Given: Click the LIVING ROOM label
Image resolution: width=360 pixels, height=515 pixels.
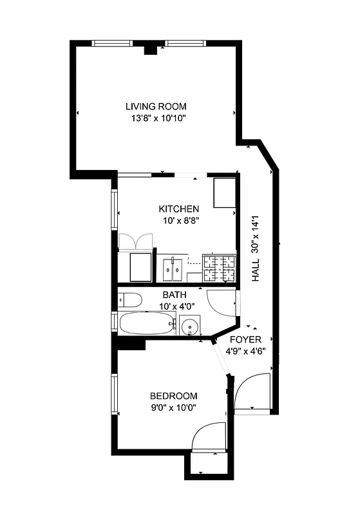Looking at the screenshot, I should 155,106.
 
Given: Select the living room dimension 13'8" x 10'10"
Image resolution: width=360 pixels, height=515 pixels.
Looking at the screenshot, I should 155,118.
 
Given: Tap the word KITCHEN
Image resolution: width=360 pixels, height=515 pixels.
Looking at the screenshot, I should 178,209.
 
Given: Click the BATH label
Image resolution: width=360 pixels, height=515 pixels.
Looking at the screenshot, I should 174,295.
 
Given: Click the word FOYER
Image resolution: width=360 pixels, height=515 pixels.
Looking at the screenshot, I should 246,339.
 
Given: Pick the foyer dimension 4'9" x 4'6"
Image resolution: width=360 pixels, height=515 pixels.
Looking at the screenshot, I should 246,351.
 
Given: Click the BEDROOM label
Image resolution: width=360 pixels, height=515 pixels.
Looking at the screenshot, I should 173,396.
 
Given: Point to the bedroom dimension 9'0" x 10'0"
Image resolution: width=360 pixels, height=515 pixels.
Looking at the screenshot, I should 173,407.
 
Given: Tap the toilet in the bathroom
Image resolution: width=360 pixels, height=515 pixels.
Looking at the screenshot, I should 131,300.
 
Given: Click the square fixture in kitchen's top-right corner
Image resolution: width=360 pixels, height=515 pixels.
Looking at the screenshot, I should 225,192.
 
